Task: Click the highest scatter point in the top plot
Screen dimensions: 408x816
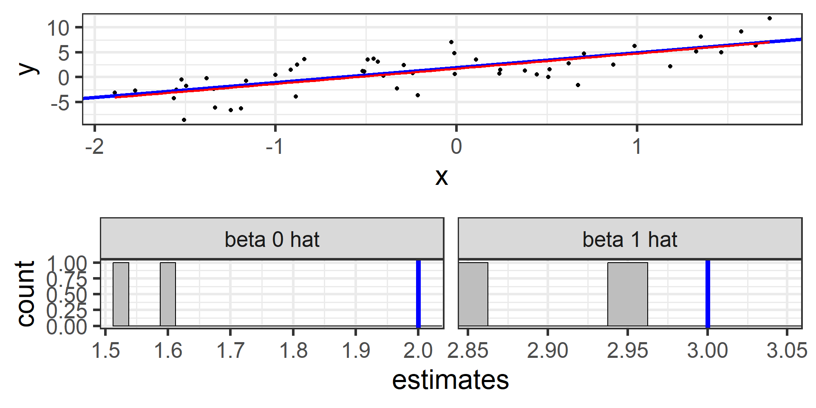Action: pyautogui.click(x=770, y=18)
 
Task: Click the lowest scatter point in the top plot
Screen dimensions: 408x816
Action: pyautogui.click(x=184, y=120)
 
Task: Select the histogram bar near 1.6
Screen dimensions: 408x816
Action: pyautogui.click(x=168, y=294)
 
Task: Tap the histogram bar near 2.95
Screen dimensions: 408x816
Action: pyautogui.click(x=628, y=294)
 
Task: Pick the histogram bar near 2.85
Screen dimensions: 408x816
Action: pyautogui.click(x=473, y=294)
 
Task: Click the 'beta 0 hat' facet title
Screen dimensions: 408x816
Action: pyautogui.click(x=272, y=240)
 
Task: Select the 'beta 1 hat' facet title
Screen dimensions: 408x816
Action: pyautogui.click(x=630, y=240)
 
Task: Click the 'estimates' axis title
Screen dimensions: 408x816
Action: pyautogui.click(x=450, y=380)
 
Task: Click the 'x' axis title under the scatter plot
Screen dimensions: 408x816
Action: pyautogui.click(x=442, y=177)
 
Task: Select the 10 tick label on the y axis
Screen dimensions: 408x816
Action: pyautogui.click(x=58, y=28)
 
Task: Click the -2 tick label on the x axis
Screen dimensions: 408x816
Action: pyautogui.click(x=94, y=147)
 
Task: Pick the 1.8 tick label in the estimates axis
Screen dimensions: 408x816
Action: pyautogui.click(x=293, y=351)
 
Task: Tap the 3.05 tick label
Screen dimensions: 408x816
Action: pyautogui.click(x=787, y=351)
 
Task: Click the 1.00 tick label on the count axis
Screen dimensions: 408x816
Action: pyautogui.click(x=67, y=263)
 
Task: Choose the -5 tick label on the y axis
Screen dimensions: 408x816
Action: pyautogui.click(x=60, y=102)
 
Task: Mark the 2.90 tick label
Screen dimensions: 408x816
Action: pyautogui.click(x=547, y=351)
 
